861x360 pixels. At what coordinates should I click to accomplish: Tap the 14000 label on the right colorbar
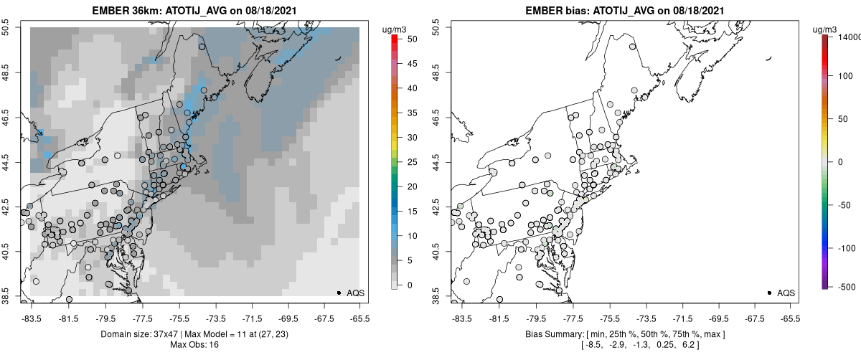(x=845, y=37)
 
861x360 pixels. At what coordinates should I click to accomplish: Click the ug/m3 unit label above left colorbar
(x=396, y=29)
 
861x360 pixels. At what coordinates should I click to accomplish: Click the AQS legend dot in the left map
(x=339, y=293)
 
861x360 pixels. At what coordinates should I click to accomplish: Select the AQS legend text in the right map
(x=786, y=293)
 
